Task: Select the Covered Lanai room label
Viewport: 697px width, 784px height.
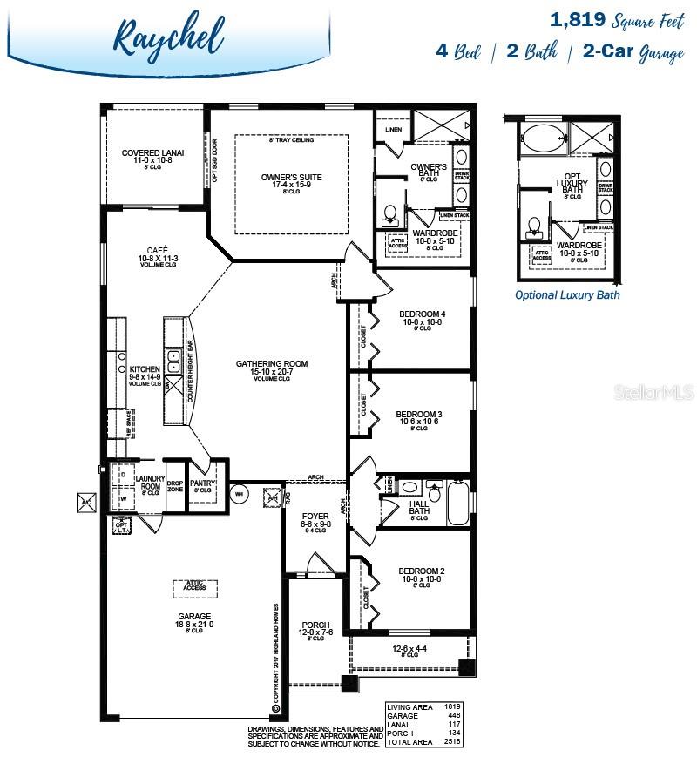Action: click(152, 153)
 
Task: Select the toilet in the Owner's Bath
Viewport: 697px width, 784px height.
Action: click(390, 213)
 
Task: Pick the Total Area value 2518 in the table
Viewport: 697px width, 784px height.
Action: click(451, 741)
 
